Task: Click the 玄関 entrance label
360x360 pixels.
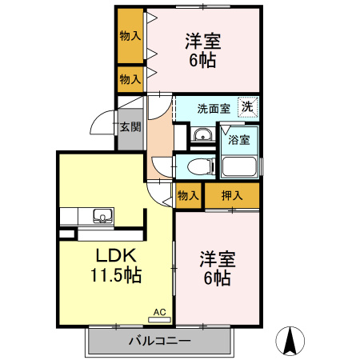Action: pyautogui.click(x=130, y=126)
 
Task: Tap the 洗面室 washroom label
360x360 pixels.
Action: pyautogui.click(x=214, y=108)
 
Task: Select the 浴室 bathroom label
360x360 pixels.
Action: pyautogui.click(x=239, y=139)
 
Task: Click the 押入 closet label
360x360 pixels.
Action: pyautogui.click(x=232, y=194)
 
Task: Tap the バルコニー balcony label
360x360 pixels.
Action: pyautogui.click(x=160, y=342)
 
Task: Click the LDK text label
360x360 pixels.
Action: pyautogui.click(x=118, y=257)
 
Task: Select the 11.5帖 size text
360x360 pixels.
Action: pyautogui.click(x=117, y=277)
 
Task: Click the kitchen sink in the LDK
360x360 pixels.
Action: pyautogui.click(x=102, y=214)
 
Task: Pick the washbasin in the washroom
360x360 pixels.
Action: pyautogui.click(x=202, y=134)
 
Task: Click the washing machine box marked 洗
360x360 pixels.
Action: pyautogui.click(x=248, y=106)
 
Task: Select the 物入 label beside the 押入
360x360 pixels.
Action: pyautogui.click(x=187, y=194)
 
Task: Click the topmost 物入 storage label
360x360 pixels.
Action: pyautogui.click(x=130, y=36)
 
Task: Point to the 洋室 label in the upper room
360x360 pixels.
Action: pyautogui.click(x=203, y=41)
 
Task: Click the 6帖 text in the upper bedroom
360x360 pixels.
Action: pyautogui.click(x=202, y=61)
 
